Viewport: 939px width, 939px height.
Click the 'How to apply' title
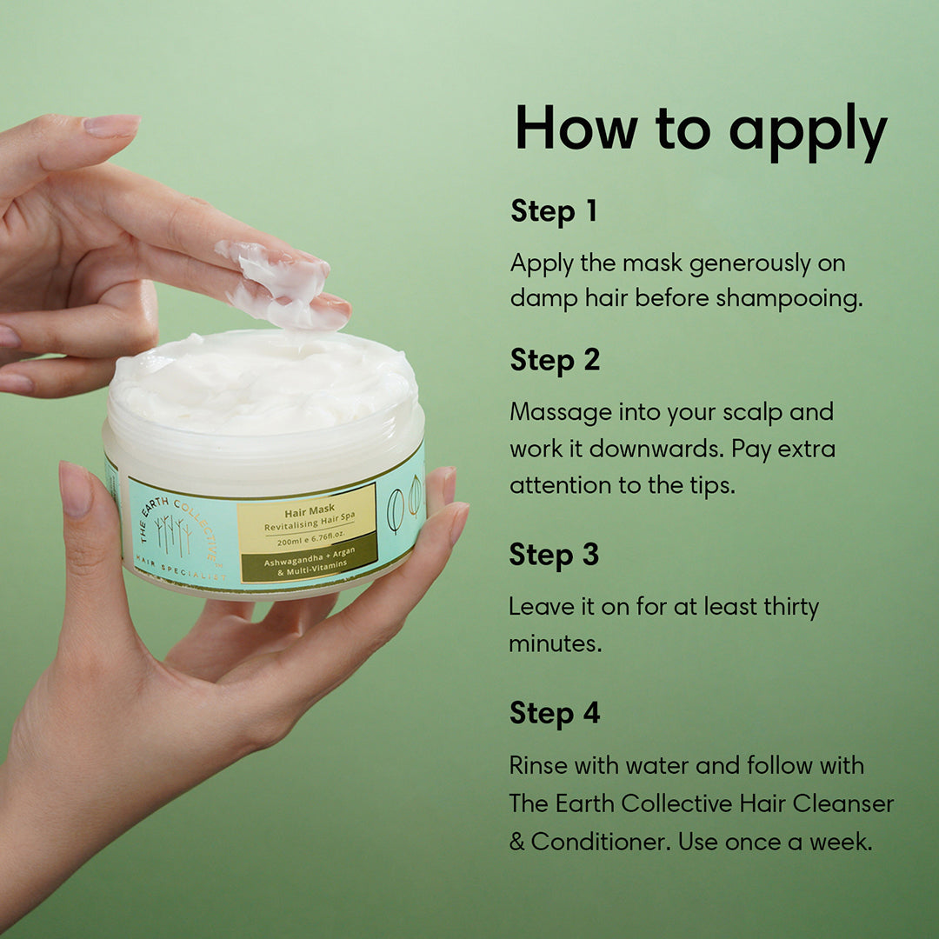(x=701, y=131)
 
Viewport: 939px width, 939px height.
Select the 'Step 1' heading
(x=553, y=211)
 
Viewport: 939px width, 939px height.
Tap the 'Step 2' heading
(x=555, y=361)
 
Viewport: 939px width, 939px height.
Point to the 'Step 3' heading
(x=554, y=555)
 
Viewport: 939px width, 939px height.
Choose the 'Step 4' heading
(x=555, y=714)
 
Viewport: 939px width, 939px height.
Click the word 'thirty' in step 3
(x=790, y=607)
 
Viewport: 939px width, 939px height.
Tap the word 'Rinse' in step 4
(x=538, y=765)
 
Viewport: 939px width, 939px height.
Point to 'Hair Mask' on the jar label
(x=310, y=511)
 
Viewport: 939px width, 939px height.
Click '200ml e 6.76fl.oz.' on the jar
(x=310, y=539)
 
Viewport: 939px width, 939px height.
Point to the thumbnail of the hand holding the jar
(x=76, y=489)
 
